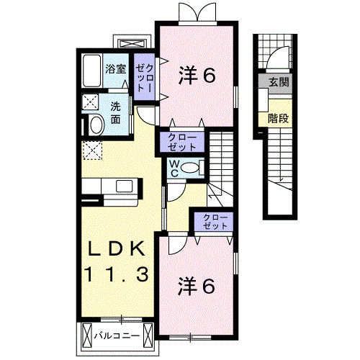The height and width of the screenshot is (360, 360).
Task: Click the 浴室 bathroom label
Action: pos(115,70)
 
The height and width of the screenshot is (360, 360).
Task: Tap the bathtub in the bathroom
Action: pos(91,71)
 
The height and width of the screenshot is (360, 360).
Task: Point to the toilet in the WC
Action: pos(190,167)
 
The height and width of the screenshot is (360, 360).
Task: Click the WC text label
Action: pos(174,167)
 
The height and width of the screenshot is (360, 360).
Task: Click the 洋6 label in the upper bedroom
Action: pos(196,75)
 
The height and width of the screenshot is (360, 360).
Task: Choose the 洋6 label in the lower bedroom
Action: pos(196,287)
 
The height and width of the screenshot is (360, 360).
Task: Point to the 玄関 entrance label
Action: pos(279,83)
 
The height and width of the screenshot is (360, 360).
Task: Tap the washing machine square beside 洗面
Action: pos(91,102)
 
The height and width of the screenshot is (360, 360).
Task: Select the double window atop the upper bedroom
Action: pos(197,11)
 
